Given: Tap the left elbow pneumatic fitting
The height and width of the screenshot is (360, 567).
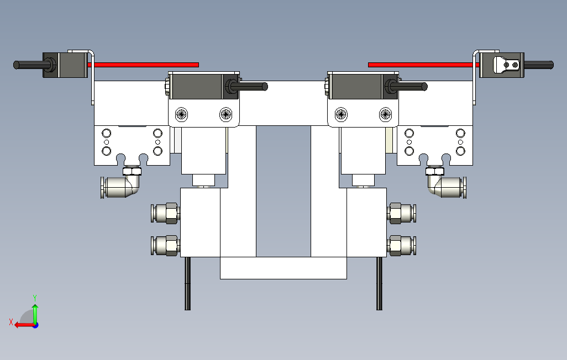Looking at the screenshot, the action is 120,186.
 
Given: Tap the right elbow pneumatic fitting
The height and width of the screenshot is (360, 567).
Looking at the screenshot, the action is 447,186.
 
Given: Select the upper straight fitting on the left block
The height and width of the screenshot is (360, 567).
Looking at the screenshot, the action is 165,213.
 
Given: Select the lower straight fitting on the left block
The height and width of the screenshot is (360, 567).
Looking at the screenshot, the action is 165,246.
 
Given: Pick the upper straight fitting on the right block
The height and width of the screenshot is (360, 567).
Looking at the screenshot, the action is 402,213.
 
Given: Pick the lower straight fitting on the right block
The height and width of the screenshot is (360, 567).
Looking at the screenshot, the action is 402,246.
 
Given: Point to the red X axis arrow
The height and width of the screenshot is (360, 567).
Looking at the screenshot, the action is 22,325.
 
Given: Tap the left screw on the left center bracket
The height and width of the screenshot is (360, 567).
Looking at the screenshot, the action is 181,114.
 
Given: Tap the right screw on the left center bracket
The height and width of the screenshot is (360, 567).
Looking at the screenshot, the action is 225,114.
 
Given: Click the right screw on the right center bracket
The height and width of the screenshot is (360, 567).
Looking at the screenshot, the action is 385,114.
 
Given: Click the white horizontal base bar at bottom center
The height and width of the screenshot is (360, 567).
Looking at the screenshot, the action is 283,268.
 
